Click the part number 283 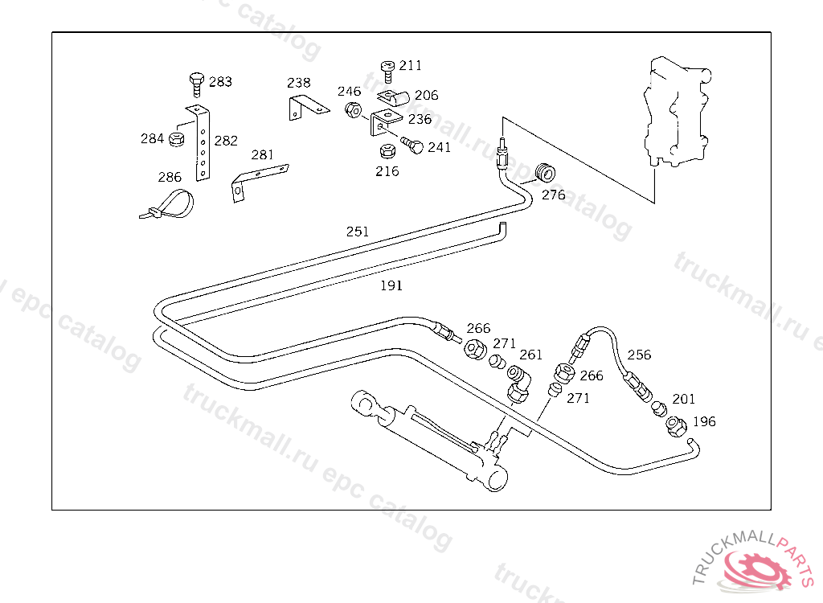tap(220, 82)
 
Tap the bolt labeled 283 tap(195, 83)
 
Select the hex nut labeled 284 tap(176, 140)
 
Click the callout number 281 tap(263, 154)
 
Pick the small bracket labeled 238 tap(305, 108)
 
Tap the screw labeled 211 tap(387, 70)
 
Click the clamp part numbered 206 tap(393, 98)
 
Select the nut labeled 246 tap(352, 109)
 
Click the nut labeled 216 tap(387, 151)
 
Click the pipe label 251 tap(358, 232)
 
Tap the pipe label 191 tap(391, 285)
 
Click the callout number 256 tap(639, 355)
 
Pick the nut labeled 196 tap(676, 424)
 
